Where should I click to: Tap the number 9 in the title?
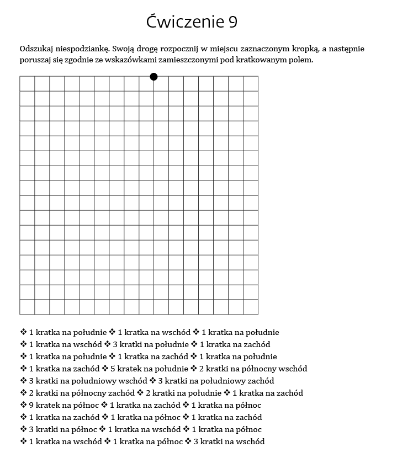click(232, 22)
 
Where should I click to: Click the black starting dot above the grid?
click(153, 77)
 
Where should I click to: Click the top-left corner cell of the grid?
click(27, 83)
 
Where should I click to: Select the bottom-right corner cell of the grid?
click(251, 307)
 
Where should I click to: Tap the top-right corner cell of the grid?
click(251, 83)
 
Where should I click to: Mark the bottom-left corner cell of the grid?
click(27, 307)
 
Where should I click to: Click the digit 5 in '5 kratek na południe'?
click(113, 369)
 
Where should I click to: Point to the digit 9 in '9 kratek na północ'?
click(31, 405)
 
